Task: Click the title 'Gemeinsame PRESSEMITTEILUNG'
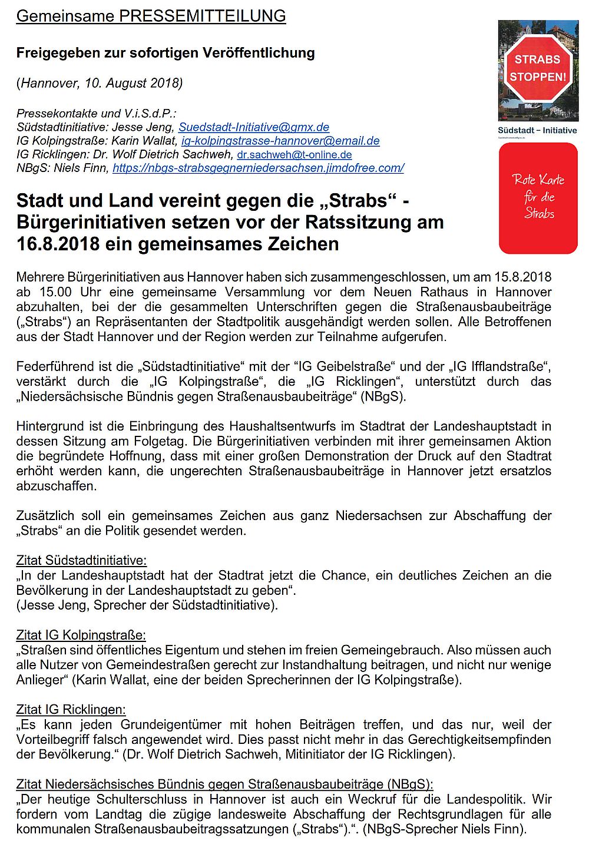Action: pyautogui.click(x=151, y=16)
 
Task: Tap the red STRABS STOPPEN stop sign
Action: pyautogui.click(x=537, y=68)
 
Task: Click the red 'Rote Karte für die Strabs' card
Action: pyautogui.click(x=538, y=198)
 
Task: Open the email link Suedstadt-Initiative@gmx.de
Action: pyautogui.click(x=254, y=127)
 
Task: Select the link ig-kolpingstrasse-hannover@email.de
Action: pyautogui.click(x=280, y=141)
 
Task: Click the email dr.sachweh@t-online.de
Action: pyautogui.click(x=294, y=155)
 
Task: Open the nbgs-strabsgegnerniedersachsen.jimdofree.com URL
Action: pyautogui.click(x=258, y=168)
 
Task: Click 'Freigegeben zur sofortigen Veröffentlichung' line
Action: pyautogui.click(x=166, y=53)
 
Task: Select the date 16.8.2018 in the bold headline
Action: pyautogui.click(x=58, y=244)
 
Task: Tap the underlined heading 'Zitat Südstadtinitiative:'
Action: pyautogui.click(x=81, y=560)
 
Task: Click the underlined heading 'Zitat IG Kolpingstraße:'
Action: pyautogui.click(x=81, y=635)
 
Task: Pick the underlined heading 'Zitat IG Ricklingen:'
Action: pyautogui.click(x=71, y=709)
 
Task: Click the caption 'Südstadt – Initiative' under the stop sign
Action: pyautogui.click(x=537, y=130)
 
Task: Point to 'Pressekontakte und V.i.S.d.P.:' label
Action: pyautogui.click(x=97, y=114)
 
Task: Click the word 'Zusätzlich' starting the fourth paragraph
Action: pyautogui.click(x=45, y=515)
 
